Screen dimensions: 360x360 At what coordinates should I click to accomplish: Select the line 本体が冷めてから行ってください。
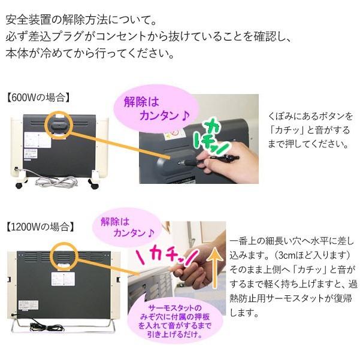(x=90, y=53)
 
